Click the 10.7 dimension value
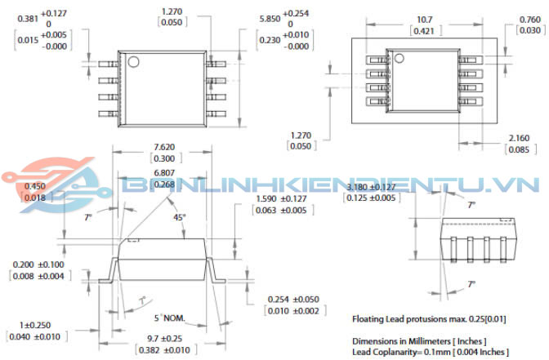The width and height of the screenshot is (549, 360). point(422,18)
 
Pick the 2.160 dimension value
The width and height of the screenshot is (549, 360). point(518,139)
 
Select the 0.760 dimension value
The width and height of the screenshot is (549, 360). point(529,20)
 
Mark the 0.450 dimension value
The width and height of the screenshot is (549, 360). point(33,186)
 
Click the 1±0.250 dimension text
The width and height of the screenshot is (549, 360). point(33,326)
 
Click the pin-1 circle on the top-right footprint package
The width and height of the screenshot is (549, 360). point(399,58)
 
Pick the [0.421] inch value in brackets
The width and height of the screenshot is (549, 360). point(422,32)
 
